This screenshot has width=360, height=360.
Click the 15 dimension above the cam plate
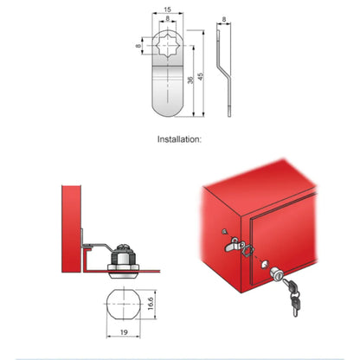point(167,10)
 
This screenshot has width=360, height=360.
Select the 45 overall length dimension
point(201,77)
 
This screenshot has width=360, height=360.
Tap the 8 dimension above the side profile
point(224,20)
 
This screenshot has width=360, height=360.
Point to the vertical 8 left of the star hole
point(138,46)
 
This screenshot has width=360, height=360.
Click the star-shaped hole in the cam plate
point(167,46)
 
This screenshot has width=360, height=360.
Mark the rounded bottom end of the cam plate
point(167,111)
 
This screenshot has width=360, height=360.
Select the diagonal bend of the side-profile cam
point(223,72)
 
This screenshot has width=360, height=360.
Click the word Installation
point(178,139)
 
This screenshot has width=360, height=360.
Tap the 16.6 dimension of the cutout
point(151,304)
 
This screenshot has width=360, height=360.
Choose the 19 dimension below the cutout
point(124,332)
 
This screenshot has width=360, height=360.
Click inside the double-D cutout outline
point(124,304)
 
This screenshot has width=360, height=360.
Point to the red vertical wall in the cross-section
point(71,228)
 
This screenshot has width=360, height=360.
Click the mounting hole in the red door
point(265,264)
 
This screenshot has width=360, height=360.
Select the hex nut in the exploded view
point(248,250)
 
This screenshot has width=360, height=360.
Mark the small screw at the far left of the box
point(224,231)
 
